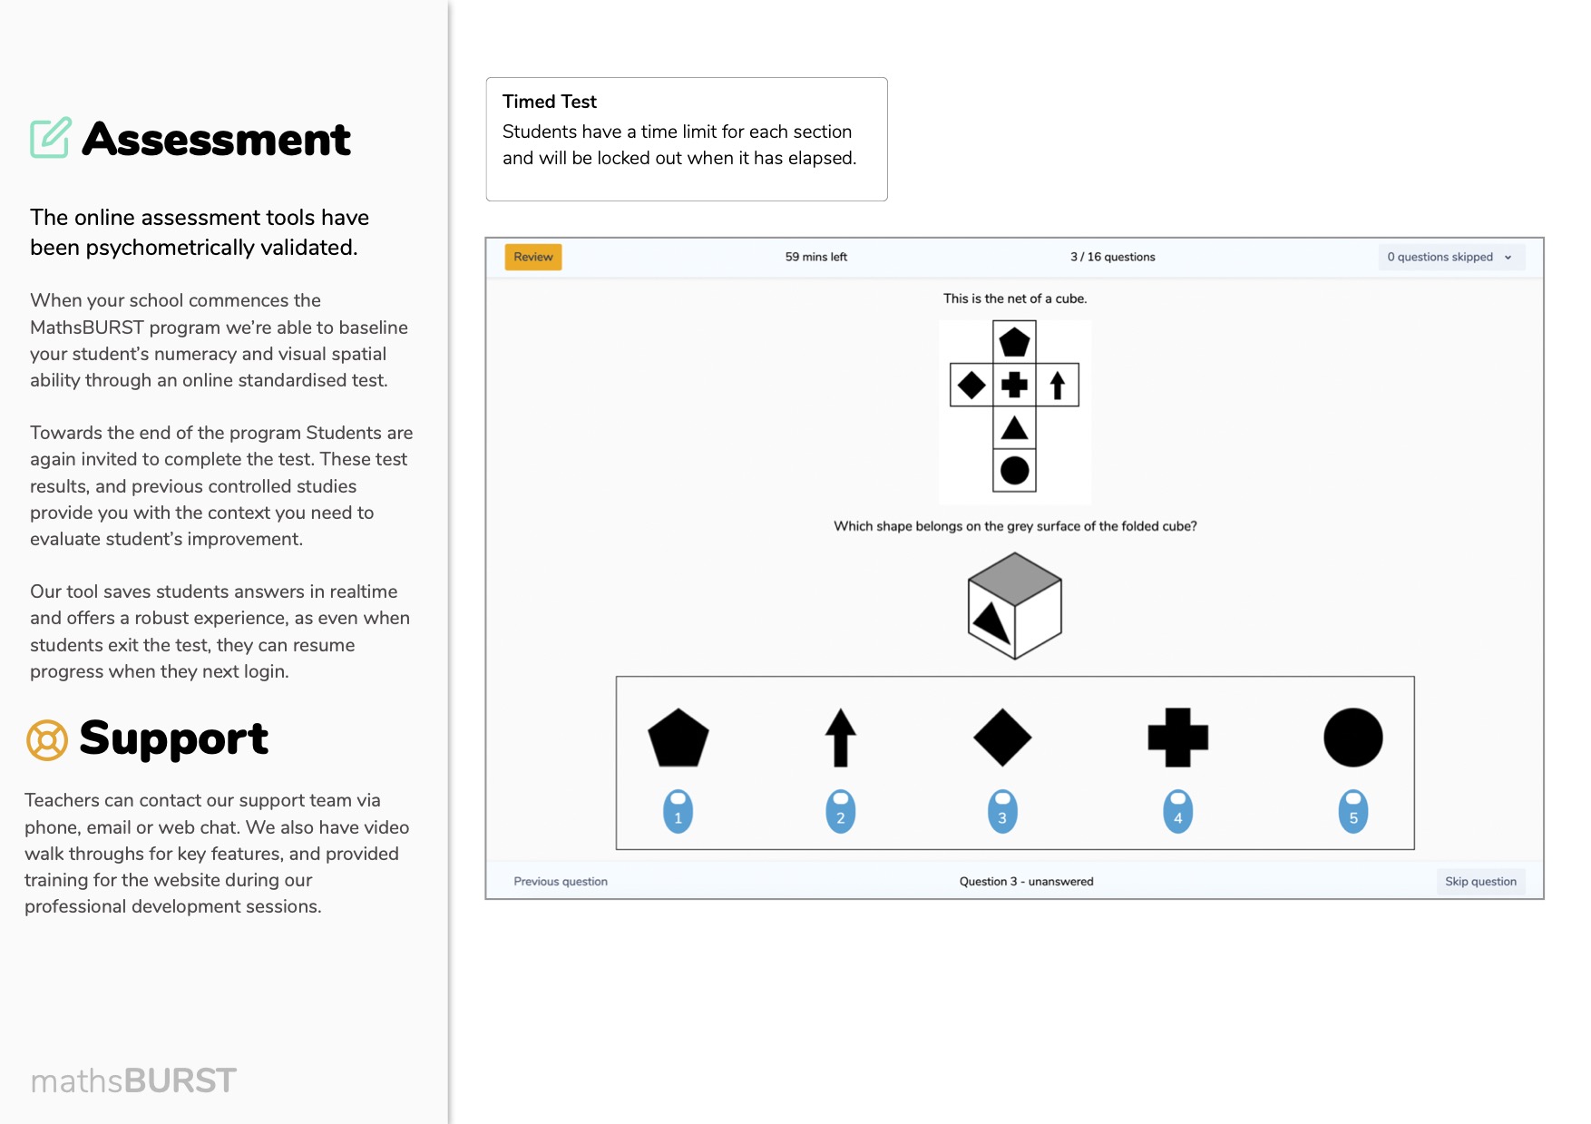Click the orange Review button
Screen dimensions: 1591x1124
tap(533, 257)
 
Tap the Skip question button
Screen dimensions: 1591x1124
tap(1480, 881)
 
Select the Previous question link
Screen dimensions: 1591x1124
tap(561, 881)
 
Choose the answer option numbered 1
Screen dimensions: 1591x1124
tap(678, 811)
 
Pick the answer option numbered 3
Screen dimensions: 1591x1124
tap(1002, 811)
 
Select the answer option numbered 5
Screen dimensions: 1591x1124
tap(1353, 811)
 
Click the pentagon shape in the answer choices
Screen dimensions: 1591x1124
tap(678, 738)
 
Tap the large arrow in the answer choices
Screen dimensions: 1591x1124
tap(841, 738)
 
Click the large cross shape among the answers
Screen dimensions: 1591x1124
tap(1178, 738)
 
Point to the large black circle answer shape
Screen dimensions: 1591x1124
tap(1353, 738)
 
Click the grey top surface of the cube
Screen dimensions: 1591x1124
tap(1015, 579)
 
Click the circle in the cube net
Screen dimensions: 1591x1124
tap(1014, 470)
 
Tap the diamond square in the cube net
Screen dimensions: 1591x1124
tap(971, 385)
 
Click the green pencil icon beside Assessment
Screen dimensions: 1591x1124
tap(51, 138)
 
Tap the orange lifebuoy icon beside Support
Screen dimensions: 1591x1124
tap(47, 739)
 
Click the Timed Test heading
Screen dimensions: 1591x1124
tap(550, 102)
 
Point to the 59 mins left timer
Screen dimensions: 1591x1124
tap(816, 257)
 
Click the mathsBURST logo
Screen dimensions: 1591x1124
tap(133, 1080)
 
